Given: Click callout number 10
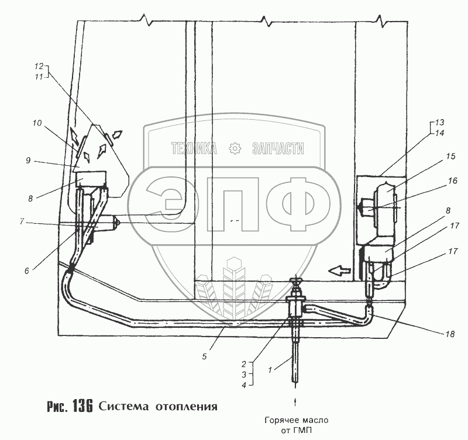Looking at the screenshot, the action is (37, 123).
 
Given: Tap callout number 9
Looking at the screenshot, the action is (28, 161).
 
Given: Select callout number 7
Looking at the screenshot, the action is (22, 222).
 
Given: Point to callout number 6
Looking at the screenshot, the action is (27, 271).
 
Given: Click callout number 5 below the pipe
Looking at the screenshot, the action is (204, 356).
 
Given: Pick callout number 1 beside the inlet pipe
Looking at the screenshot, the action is (270, 370).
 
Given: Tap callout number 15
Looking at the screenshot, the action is (451, 156).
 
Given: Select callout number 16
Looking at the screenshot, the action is (452, 181).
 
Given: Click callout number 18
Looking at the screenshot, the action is (450, 334).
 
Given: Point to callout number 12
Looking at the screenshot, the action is (39, 66).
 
